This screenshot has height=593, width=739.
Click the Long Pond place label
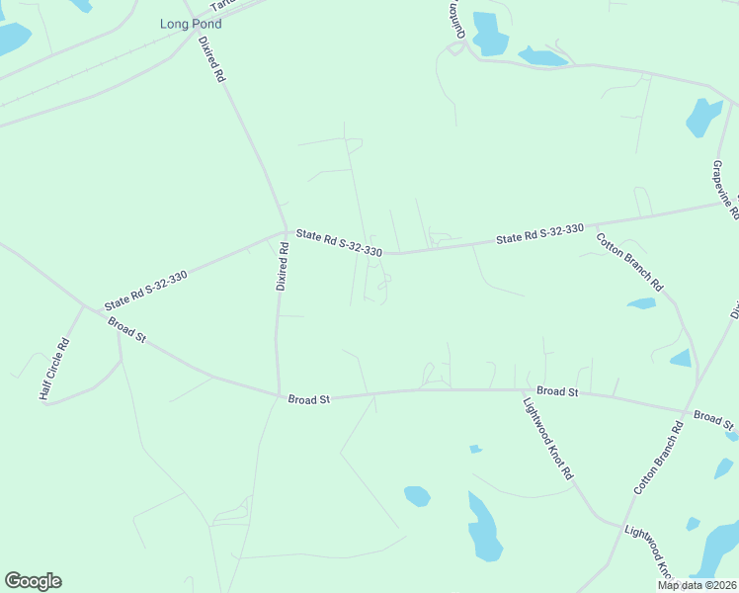tap(191, 23)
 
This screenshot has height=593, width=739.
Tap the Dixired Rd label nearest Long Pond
tap(212, 59)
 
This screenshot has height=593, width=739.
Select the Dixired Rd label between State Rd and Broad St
tap(282, 266)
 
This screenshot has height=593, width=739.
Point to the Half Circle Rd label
tap(53, 369)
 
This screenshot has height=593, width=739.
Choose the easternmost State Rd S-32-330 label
tap(539, 234)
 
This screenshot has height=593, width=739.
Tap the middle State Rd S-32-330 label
tap(339, 242)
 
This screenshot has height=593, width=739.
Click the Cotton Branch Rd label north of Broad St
tap(629, 261)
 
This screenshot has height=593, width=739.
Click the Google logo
tap(33, 581)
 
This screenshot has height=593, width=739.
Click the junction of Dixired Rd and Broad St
tap(277, 395)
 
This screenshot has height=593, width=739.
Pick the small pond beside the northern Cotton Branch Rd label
tap(642, 303)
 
